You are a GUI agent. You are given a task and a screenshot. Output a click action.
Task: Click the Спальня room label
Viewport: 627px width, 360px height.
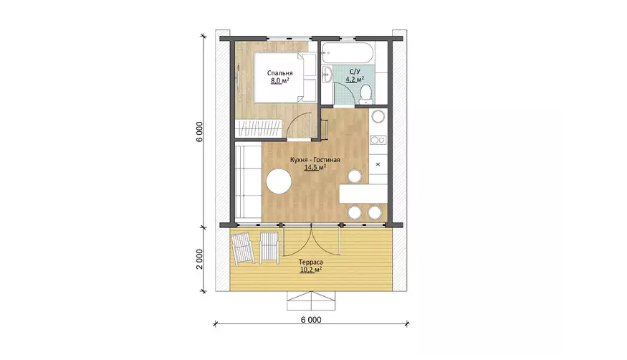[280, 73]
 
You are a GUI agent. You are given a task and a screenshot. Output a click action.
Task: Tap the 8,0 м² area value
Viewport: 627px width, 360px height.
[280, 81]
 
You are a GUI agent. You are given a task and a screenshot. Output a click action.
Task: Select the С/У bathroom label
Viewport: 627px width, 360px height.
[355, 72]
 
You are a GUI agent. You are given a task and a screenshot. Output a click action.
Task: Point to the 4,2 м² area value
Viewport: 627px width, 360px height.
[355, 79]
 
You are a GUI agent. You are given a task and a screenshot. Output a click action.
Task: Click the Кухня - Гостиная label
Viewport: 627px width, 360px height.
[315, 160]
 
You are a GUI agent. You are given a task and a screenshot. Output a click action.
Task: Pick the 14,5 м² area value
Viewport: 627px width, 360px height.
[315, 168]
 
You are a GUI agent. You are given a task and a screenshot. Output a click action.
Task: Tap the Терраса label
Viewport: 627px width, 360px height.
[311, 262]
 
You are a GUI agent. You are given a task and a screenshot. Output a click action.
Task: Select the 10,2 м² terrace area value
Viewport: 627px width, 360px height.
[311, 270]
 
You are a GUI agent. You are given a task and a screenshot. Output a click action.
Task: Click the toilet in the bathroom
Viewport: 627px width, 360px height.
[365, 95]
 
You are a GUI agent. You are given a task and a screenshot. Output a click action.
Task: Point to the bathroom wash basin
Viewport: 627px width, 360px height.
[327, 75]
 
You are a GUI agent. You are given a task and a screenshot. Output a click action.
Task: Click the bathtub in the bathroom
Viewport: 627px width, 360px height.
[348, 53]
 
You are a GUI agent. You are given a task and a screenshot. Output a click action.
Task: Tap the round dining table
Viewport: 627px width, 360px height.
[279, 181]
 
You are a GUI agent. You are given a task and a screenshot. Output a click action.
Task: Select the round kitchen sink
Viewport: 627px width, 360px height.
[378, 117]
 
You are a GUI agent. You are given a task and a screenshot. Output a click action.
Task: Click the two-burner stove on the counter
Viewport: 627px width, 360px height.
[378, 140]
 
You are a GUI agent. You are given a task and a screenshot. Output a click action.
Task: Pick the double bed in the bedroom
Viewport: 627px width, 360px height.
[285, 78]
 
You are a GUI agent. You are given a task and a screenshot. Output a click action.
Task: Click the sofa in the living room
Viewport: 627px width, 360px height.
[248, 181]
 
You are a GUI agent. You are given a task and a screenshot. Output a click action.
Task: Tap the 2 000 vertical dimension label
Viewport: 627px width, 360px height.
[200, 259]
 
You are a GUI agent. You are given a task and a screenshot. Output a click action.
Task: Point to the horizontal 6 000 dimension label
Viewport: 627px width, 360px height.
[311, 320]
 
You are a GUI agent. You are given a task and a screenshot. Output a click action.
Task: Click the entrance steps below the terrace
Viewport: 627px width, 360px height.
[311, 300]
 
